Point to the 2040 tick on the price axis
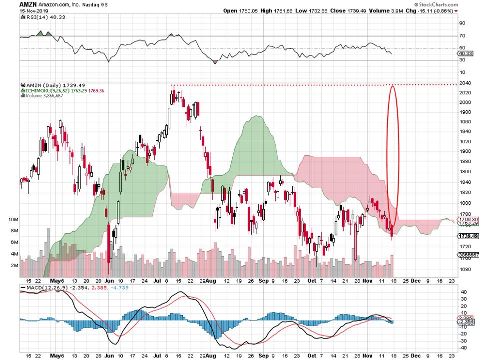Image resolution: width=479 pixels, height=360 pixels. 464,83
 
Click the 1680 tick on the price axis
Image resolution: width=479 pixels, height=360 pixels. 464,270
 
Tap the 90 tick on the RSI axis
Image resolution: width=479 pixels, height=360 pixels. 462,23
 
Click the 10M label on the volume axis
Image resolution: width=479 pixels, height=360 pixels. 13,220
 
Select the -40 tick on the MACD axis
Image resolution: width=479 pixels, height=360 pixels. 463,348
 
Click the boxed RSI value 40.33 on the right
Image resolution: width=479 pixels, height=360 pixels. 465,53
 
